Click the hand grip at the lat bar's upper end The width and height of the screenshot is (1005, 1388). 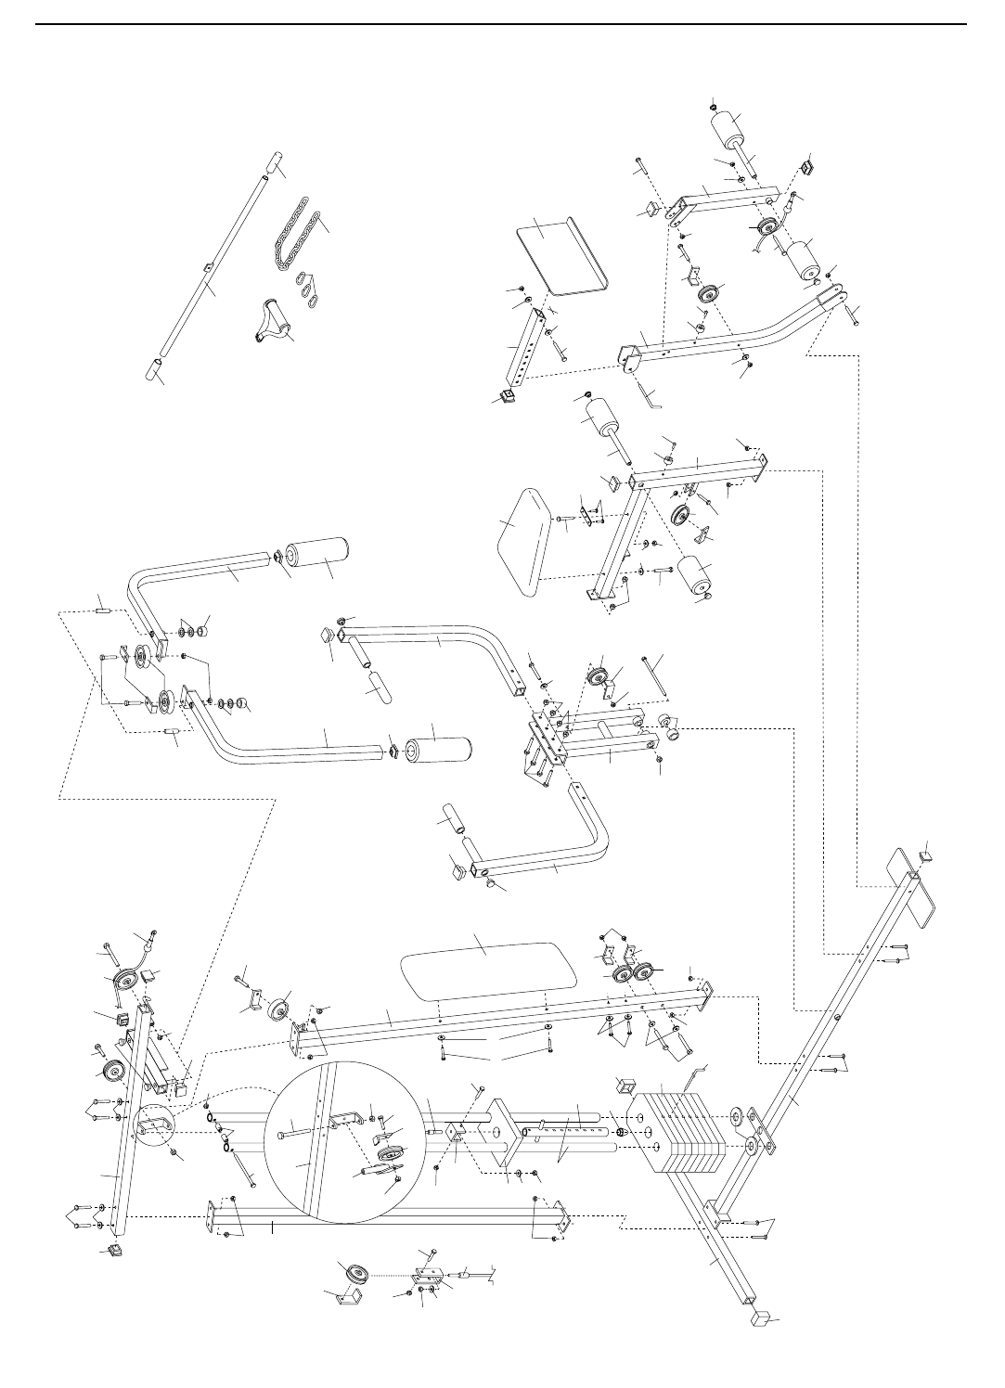point(271,163)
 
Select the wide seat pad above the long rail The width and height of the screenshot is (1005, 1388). point(488,964)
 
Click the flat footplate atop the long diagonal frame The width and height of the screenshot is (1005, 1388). point(915,886)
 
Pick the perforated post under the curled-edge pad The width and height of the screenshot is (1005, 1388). point(519,349)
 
